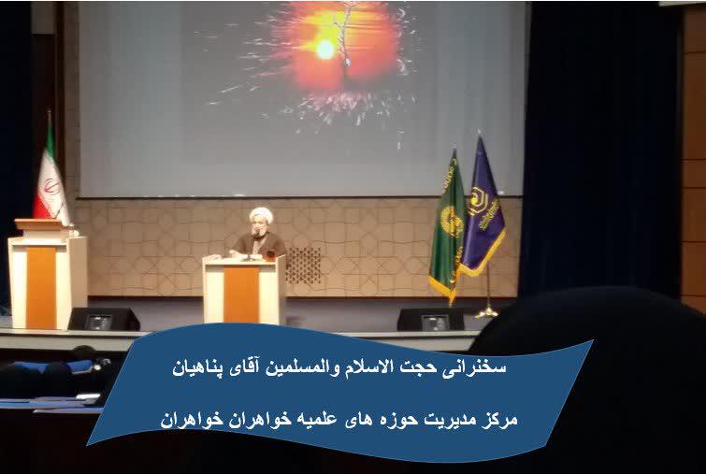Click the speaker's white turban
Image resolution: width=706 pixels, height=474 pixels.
point(261,215)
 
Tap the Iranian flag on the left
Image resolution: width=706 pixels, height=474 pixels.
point(50,180)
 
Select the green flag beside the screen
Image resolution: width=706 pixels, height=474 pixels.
point(448,225)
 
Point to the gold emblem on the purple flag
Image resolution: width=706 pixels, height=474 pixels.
point(477,201)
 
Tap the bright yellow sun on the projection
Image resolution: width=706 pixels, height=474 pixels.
point(325,49)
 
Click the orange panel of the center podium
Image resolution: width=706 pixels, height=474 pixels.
point(242,294)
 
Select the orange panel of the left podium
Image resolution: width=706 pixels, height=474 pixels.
point(41,287)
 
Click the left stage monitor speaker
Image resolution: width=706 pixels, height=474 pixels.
point(104,319)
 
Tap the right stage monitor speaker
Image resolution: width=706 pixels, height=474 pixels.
point(431,320)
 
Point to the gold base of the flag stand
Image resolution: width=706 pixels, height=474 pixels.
point(487,312)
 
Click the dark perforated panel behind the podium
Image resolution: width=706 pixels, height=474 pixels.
point(304,266)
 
